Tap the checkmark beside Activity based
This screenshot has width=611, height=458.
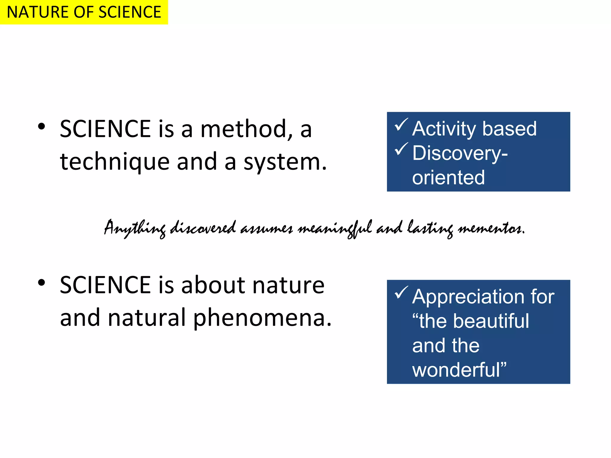401,125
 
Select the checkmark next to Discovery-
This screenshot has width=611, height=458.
401,149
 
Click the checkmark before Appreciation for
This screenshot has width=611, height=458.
401,293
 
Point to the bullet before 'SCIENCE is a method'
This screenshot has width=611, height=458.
41,126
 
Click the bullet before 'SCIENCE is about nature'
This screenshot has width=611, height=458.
41,282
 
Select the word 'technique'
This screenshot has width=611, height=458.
115,162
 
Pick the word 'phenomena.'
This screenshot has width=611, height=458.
262,318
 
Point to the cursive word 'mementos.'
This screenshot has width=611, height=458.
491,229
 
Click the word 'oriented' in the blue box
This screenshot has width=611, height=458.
448,177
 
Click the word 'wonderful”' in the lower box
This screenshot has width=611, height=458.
459,370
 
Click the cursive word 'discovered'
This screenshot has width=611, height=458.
203,228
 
